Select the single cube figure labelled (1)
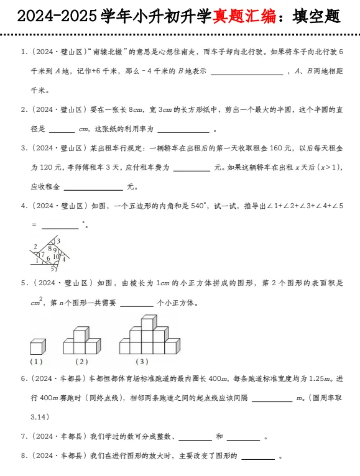(x=37, y=346)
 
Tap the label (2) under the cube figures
(x=81, y=362)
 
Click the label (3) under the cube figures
(x=142, y=362)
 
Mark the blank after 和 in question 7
(x=243, y=437)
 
